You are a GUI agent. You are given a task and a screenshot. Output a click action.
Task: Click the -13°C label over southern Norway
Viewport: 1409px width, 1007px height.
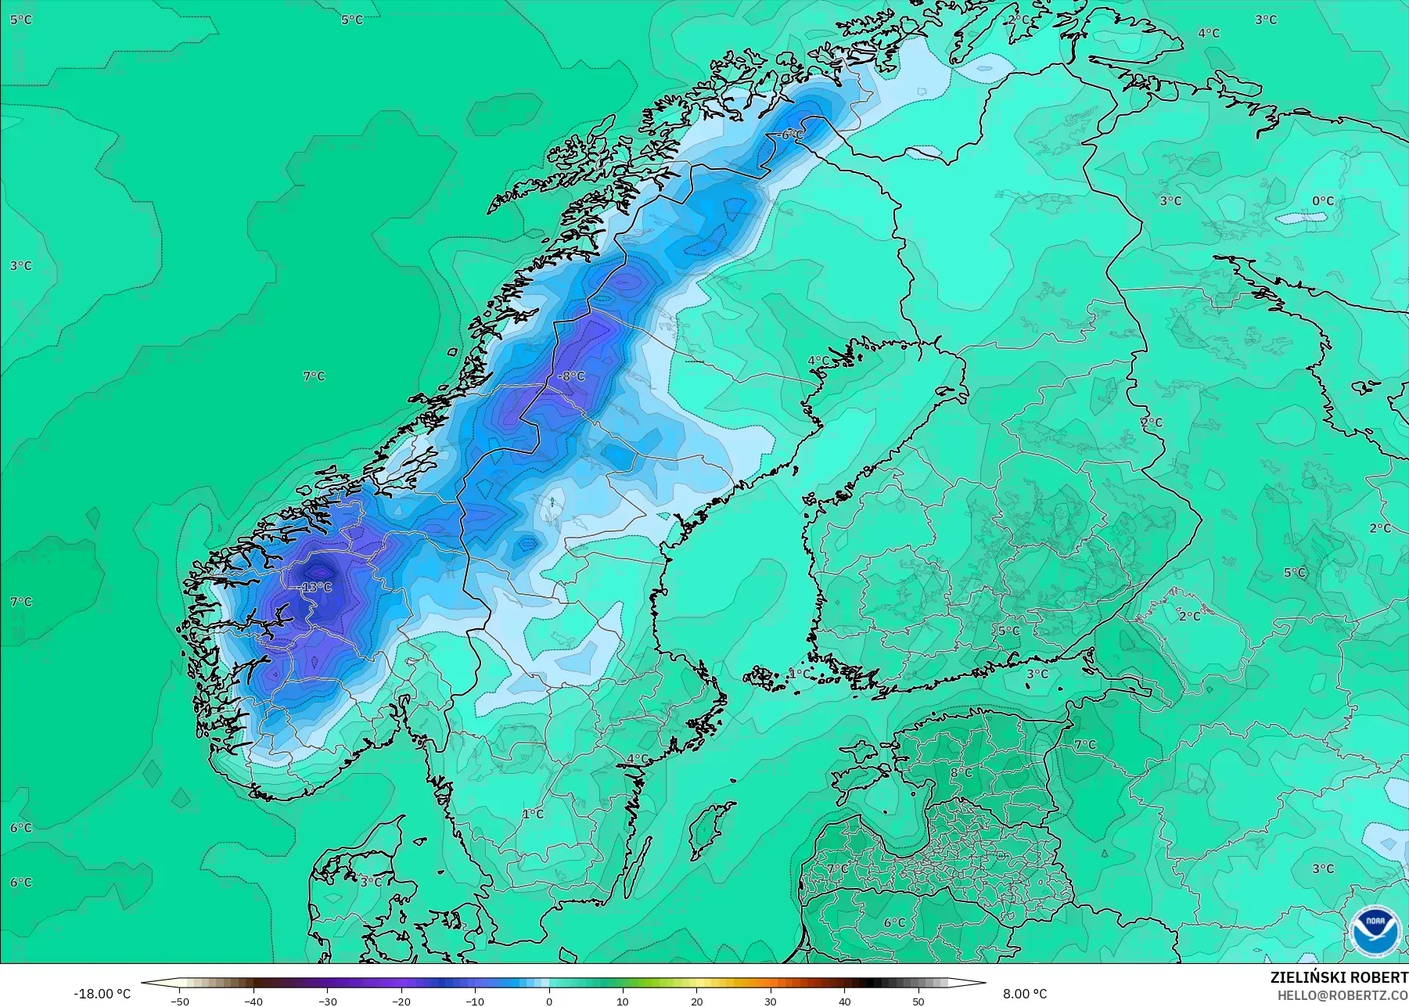pyautogui.click(x=316, y=588)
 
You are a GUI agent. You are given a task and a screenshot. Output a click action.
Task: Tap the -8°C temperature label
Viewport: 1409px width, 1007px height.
pyautogui.click(x=571, y=376)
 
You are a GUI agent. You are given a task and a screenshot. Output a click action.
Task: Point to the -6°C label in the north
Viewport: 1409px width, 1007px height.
pyautogui.click(x=791, y=135)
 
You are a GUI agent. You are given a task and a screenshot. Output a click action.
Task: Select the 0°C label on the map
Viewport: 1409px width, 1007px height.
pyautogui.click(x=1322, y=201)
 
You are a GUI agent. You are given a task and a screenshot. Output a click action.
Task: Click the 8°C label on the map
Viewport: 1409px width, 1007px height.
pyautogui.click(x=961, y=773)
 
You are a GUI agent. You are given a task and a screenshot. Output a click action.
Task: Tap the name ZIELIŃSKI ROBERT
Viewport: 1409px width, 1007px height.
pyautogui.click(x=1339, y=978)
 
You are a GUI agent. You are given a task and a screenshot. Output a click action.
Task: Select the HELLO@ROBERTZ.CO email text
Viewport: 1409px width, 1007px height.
pyautogui.click(x=1343, y=995)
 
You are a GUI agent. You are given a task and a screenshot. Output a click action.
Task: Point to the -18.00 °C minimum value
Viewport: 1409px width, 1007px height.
pyautogui.click(x=102, y=994)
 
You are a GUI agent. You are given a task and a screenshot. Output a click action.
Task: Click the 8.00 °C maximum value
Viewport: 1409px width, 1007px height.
pyautogui.click(x=1024, y=994)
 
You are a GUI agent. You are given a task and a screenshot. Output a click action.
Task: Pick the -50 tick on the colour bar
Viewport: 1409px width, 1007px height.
pyautogui.click(x=179, y=1002)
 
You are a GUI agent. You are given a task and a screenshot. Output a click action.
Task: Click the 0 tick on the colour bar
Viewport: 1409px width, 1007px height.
pyautogui.click(x=549, y=1002)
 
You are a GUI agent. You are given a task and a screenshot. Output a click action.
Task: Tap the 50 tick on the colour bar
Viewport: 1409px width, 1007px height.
pyautogui.click(x=918, y=1002)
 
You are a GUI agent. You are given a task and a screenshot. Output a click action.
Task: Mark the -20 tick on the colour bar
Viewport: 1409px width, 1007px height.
pyautogui.click(x=401, y=1002)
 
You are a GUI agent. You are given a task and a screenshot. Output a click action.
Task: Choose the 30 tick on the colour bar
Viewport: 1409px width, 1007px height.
pyautogui.click(x=771, y=1002)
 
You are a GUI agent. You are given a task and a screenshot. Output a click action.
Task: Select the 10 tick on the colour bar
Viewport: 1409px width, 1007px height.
pyautogui.click(x=623, y=1002)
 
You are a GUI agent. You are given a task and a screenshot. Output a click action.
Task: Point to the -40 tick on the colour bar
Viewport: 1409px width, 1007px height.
pyautogui.click(x=253, y=1002)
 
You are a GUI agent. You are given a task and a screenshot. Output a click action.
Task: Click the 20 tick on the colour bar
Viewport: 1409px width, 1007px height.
pyautogui.click(x=696, y=1002)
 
